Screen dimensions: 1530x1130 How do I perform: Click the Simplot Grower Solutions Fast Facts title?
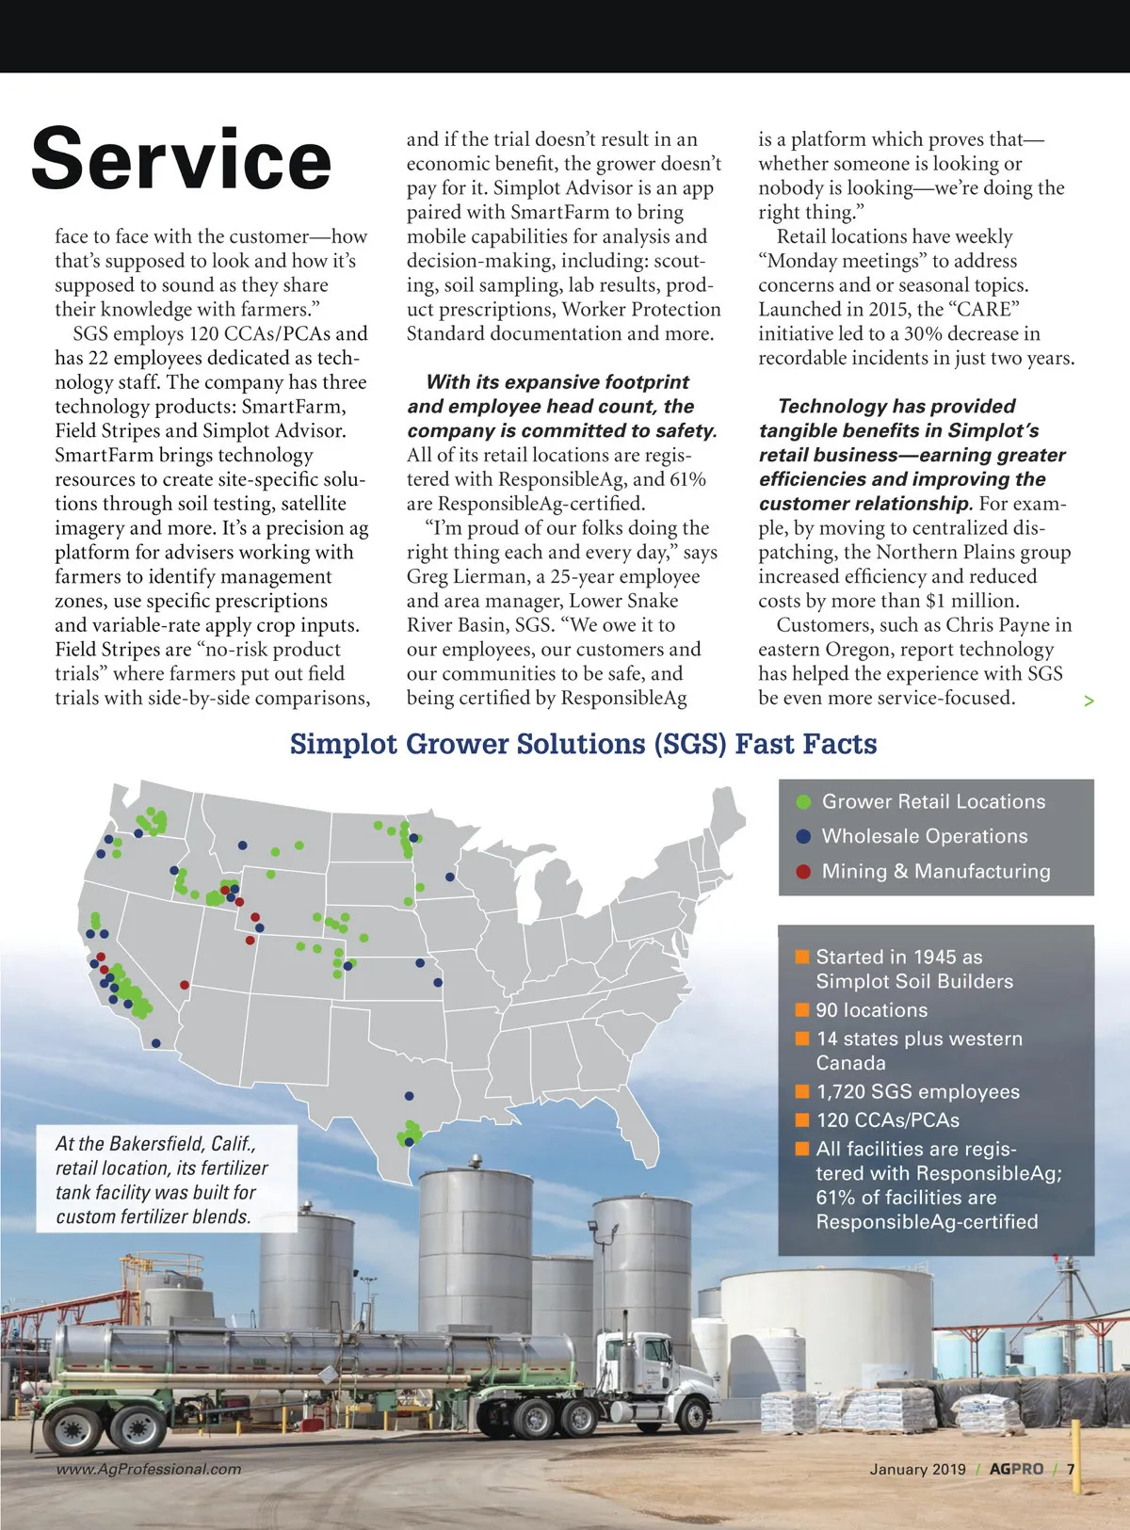583,744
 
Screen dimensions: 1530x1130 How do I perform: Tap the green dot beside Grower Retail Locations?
803,802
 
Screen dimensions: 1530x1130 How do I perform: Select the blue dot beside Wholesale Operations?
803,836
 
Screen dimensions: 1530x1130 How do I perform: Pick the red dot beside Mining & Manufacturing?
803,871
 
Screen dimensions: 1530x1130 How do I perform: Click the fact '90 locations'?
871,1010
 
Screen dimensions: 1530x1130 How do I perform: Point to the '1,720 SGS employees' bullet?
917,1091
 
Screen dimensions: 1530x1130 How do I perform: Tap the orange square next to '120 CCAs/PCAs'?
802,1119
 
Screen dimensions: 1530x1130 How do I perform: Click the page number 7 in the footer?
1071,1469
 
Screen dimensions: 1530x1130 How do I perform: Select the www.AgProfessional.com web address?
149,1469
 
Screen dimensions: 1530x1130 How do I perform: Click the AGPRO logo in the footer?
1016,1469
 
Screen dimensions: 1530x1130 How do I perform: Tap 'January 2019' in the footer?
917,1469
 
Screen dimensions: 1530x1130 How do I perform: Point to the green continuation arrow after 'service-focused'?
1089,701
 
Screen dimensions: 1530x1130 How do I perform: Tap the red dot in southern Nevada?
185,985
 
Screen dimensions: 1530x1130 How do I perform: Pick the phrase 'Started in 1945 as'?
898,957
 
